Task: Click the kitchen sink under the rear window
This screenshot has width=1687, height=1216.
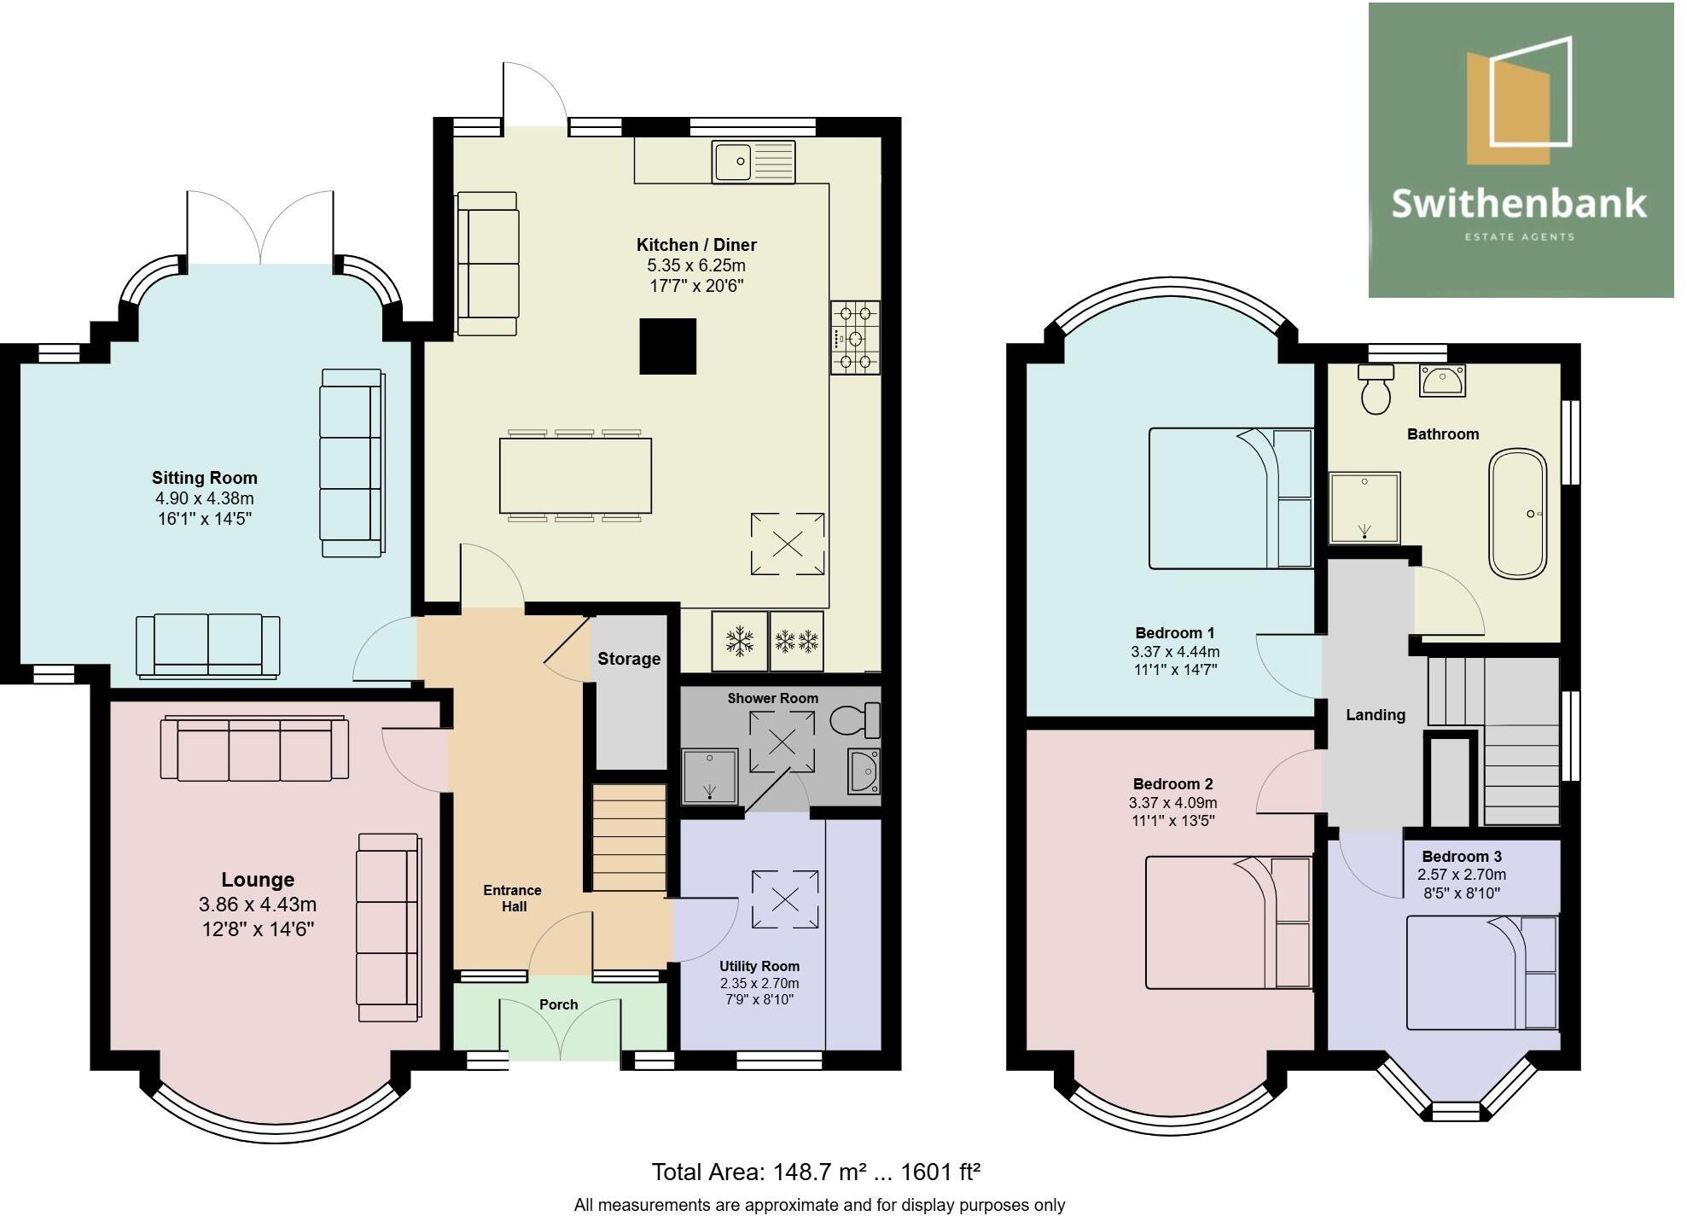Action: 753,161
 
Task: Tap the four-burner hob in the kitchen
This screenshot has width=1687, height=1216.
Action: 855,338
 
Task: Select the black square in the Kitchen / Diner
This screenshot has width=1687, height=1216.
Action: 668,346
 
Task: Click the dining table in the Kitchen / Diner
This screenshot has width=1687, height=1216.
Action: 575,475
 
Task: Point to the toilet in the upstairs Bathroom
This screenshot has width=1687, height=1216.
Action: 1376,389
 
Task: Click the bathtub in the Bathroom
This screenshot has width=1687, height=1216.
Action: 1517,515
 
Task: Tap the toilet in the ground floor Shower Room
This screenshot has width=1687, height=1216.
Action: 855,720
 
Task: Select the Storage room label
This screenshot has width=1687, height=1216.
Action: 629,659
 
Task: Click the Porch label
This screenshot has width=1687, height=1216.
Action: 559,1004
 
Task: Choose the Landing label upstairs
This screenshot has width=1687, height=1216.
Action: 1376,715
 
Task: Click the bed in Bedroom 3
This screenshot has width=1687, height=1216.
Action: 1481,973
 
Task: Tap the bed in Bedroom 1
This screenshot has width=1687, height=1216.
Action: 1230,498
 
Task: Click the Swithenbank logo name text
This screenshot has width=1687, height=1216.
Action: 1519,204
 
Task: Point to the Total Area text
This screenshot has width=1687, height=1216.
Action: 815,1172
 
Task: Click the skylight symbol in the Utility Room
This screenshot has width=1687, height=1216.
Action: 784,899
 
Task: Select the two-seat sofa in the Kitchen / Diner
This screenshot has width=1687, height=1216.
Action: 488,264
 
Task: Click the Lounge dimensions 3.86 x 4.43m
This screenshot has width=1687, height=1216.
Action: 258,904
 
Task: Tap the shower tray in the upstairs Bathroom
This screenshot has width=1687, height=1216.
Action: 1364,507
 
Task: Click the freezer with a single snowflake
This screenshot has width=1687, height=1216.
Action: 739,641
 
